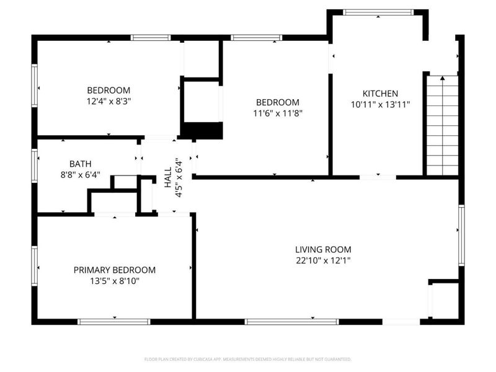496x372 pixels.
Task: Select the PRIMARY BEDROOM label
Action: pyautogui.click(x=115, y=270)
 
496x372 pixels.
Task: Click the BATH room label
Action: pyautogui.click(x=80, y=164)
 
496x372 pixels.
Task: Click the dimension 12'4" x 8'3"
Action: pyautogui.click(x=108, y=100)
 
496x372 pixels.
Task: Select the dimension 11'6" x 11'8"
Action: pyautogui.click(x=278, y=113)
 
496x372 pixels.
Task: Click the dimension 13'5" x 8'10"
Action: pyautogui.click(x=115, y=281)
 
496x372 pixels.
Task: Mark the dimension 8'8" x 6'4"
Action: pyautogui.click(x=80, y=175)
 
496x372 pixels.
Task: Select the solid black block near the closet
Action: pyautogui.click(x=201, y=131)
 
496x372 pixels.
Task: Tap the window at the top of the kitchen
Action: pyautogui.click(x=378, y=12)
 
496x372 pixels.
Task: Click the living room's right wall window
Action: pyautogui.click(x=461, y=236)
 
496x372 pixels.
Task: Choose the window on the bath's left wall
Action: pyautogui.click(x=35, y=166)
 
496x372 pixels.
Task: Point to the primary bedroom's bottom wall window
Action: pyautogui.click(x=114, y=321)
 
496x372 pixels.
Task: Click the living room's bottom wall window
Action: pyautogui.click(x=291, y=321)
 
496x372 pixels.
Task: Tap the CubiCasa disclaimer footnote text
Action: pyautogui.click(x=248, y=359)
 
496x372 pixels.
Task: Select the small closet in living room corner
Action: pyautogui.click(x=444, y=301)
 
